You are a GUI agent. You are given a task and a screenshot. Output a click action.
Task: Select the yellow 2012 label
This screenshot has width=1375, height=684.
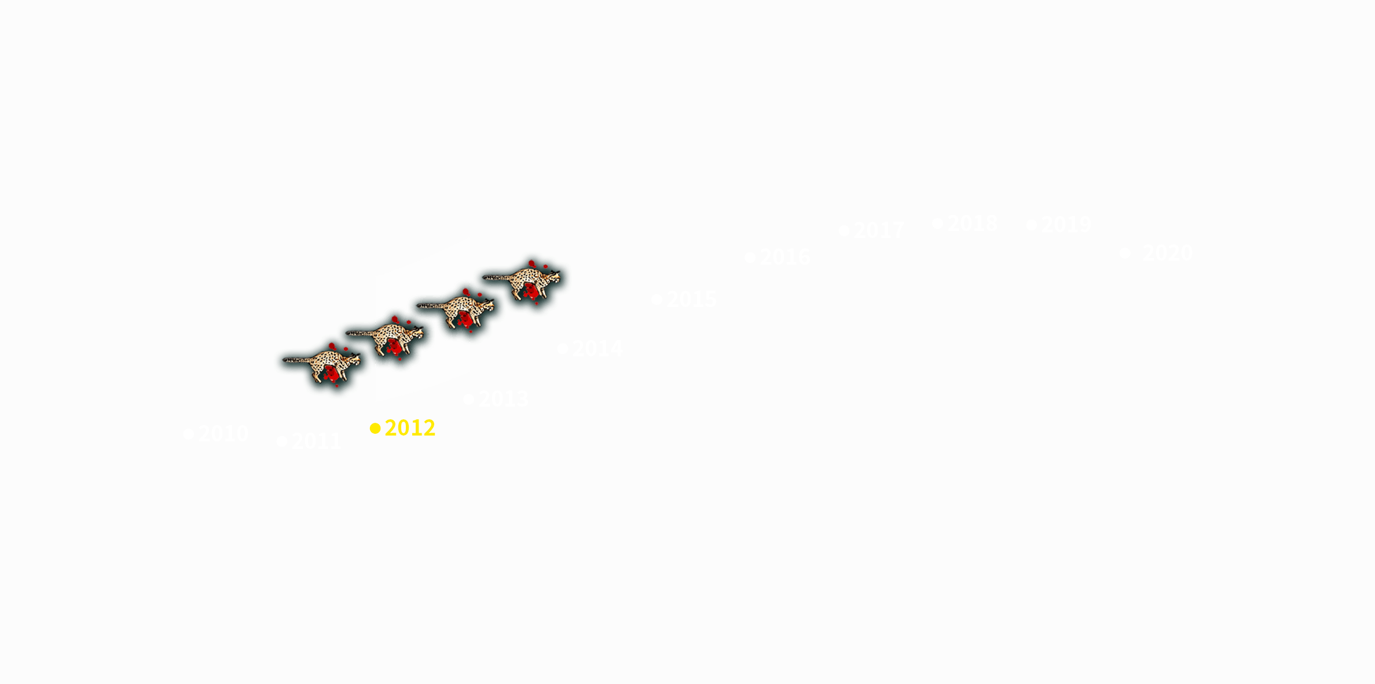[409, 428]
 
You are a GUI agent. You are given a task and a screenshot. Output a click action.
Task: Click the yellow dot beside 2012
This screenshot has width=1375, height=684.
[375, 429]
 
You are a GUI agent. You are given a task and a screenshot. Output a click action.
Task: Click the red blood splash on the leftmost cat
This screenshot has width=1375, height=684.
[331, 374]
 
